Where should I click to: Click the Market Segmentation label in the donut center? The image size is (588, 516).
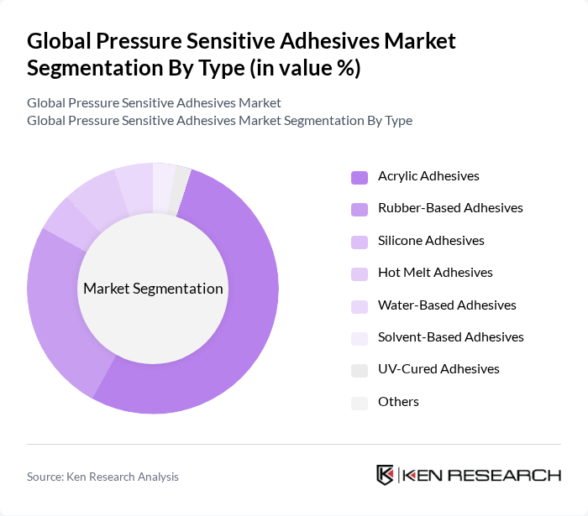pos(153,289)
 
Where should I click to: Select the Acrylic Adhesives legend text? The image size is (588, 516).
pos(428,176)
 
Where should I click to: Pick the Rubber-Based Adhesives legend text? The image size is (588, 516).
pos(450,208)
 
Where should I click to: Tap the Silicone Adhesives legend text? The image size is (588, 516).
pos(431,241)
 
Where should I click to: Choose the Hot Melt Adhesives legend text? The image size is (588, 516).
pos(435,273)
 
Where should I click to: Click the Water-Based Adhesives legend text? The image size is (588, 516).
pos(447,305)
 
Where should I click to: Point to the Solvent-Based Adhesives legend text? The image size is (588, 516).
pos(450,337)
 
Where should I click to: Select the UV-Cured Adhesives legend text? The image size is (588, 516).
pos(438,369)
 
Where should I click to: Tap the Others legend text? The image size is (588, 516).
pos(398,402)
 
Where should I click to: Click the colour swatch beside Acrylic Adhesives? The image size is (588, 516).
pos(360,177)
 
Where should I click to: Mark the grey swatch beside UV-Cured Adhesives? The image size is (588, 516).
pos(360,370)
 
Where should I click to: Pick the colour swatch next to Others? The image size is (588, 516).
pos(360,403)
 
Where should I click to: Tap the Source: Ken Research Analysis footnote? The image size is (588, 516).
pos(102,477)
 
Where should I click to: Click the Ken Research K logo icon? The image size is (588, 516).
pos(385,475)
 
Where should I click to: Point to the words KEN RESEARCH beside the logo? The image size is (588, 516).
pos(482,476)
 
